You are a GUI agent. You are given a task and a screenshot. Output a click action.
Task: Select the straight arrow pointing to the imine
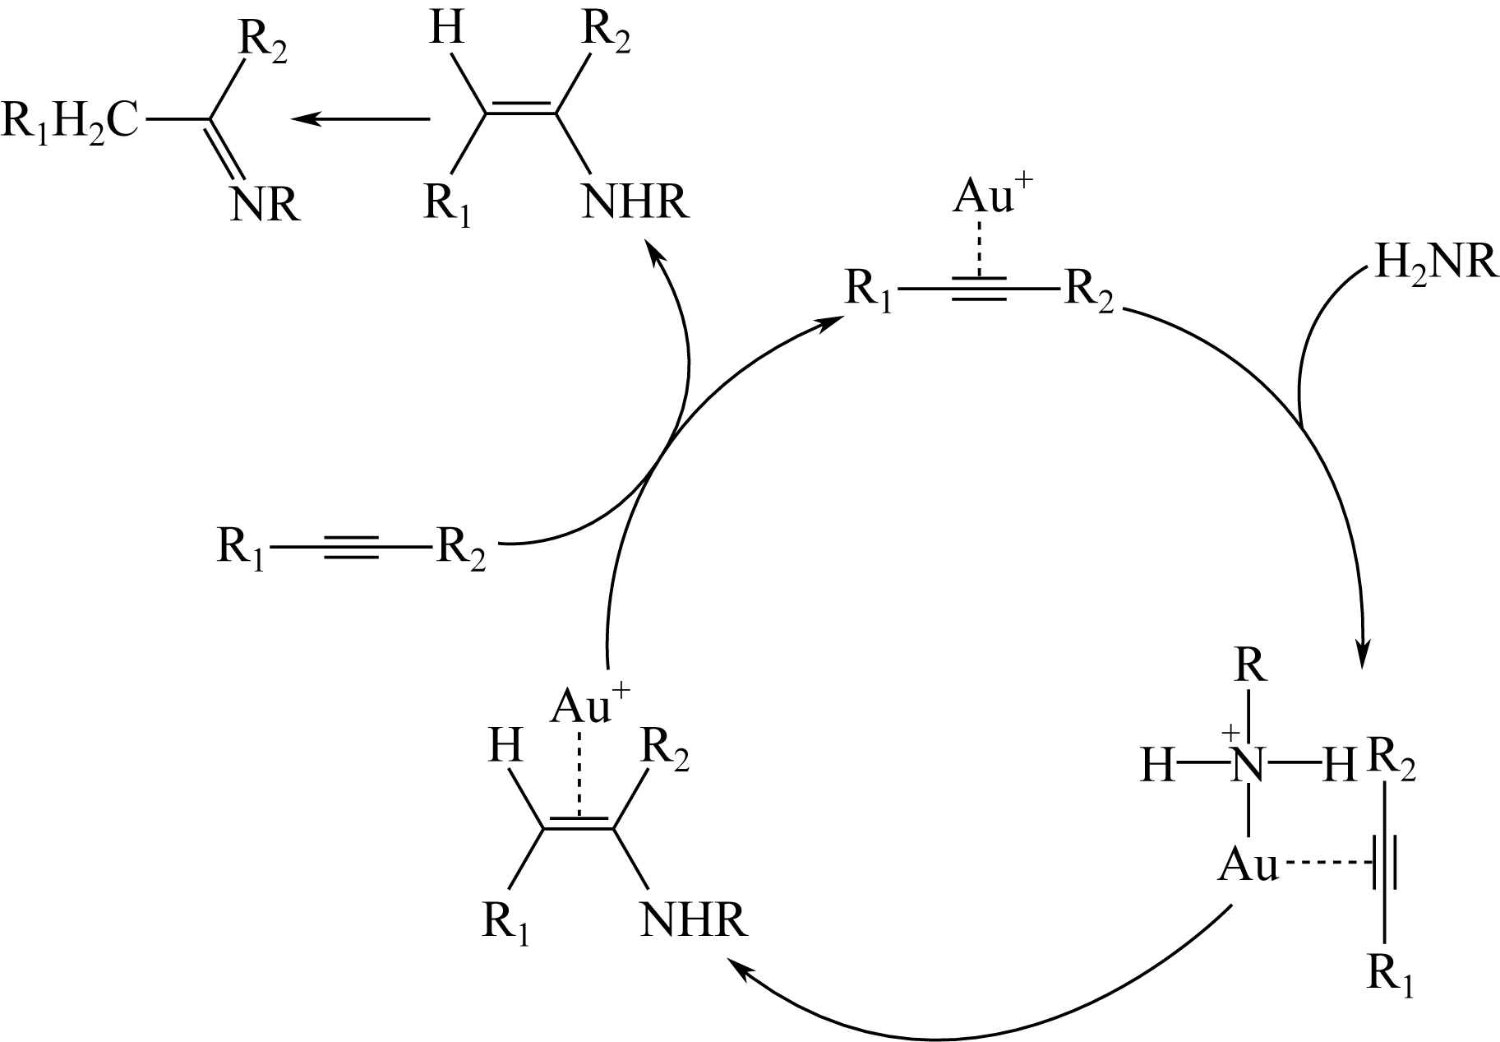point(361,119)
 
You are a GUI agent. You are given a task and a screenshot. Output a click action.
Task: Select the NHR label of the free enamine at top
point(635,201)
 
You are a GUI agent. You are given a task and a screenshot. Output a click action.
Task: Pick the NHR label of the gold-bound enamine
point(694,920)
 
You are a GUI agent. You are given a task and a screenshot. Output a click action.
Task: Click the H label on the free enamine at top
point(446,29)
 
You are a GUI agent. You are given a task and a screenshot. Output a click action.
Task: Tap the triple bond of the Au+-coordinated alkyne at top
point(978,289)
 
